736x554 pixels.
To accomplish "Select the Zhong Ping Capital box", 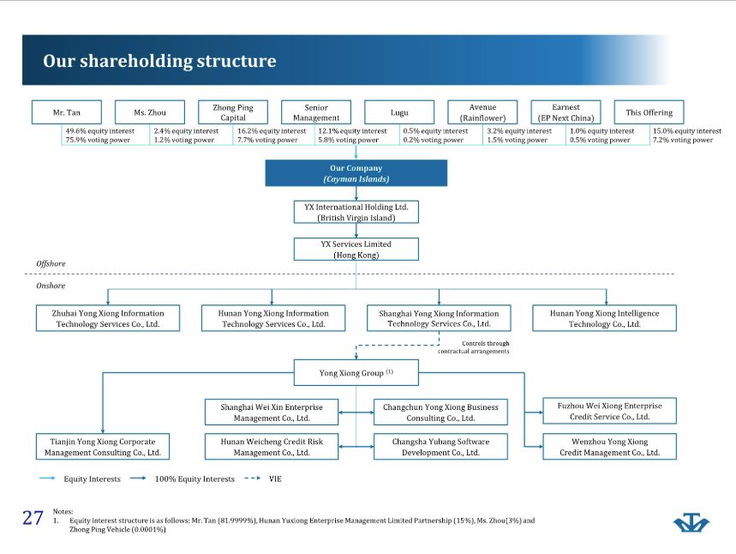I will [233, 112].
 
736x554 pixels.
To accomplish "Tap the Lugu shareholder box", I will [399, 112].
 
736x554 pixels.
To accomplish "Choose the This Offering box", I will [649, 112].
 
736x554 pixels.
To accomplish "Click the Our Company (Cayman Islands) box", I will [356, 173].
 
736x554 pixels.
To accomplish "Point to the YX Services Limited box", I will [356, 249].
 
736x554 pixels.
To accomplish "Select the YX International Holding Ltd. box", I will [356, 212].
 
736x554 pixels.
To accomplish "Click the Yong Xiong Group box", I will [356, 373].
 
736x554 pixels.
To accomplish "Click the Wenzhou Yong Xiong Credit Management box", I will [609, 447].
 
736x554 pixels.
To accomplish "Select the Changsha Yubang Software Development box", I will [440, 447].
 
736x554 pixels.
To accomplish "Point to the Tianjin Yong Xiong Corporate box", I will [102, 447].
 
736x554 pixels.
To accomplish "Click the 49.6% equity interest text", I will [99, 131].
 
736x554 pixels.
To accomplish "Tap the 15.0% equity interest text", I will [686, 131].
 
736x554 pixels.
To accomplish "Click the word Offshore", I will [51, 263].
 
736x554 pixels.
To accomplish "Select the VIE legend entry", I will [275, 479].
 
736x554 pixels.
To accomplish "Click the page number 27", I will [33, 517].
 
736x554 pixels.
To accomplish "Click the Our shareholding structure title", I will [159, 61].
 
